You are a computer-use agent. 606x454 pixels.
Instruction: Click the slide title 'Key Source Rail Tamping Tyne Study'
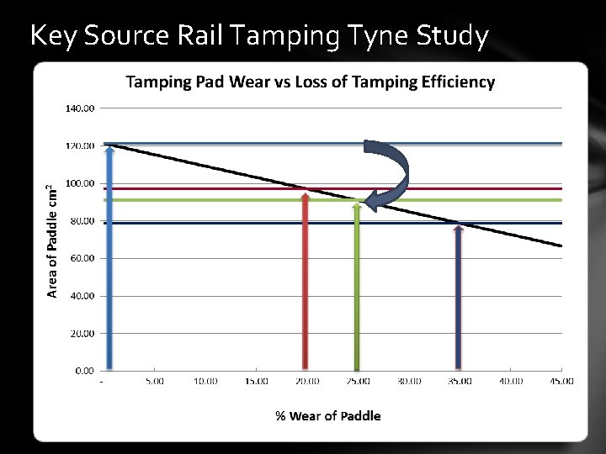click(x=258, y=35)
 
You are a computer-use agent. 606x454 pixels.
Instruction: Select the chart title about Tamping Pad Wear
click(x=310, y=82)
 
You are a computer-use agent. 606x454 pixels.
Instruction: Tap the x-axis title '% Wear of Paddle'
click(x=328, y=415)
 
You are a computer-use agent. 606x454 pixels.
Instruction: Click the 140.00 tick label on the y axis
click(x=80, y=108)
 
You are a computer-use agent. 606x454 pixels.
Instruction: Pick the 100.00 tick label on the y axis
click(x=80, y=183)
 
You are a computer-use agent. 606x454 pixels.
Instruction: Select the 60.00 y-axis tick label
click(x=82, y=258)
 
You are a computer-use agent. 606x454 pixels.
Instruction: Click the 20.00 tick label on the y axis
click(x=82, y=333)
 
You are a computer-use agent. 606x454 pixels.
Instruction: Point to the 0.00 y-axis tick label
click(x=83, y=370)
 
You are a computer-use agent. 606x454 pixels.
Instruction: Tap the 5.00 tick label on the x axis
click(x=154, y=381)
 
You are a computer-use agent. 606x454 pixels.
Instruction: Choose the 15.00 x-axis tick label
click(x=256, y=381)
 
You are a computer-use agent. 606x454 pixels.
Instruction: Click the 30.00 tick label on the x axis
click(x=409, y=381)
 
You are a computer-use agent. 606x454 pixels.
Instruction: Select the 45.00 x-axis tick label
click(x=561, y=381)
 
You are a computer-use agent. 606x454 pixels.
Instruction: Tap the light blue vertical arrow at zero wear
click(x=109, y=261)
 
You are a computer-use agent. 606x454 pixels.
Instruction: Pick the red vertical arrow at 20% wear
click(x=306, y=282)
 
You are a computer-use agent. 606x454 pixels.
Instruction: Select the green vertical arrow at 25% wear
click(x=357, y=286)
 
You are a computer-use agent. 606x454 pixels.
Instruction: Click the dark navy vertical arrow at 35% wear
click(x=459, y=298)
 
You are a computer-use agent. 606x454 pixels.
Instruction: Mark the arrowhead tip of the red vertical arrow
click(x=306, y=193)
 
